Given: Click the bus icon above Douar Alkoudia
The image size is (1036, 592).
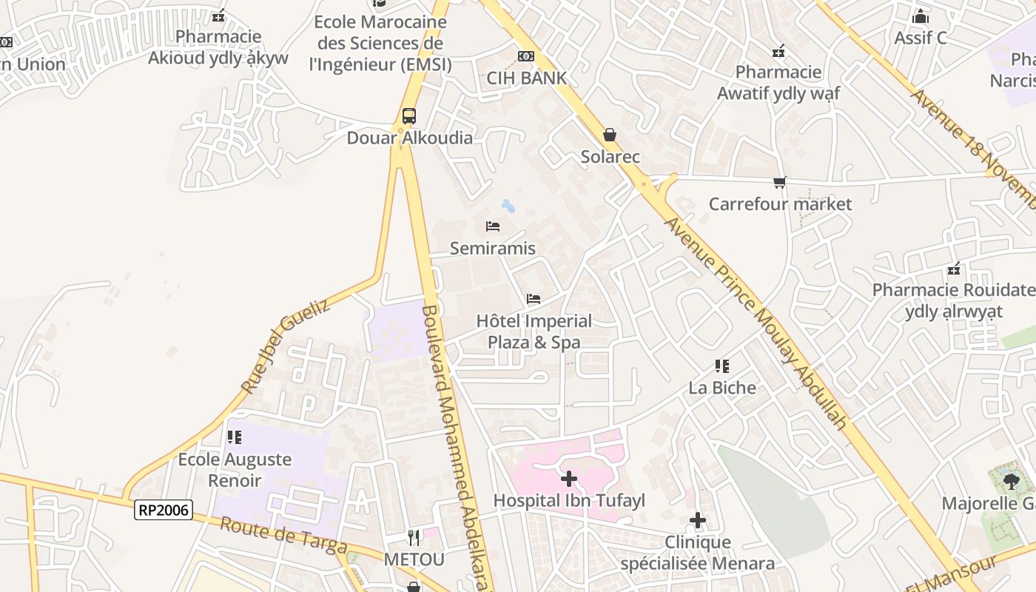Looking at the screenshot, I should [x=408, y=116].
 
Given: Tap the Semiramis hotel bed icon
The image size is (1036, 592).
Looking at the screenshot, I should [x=493, y=226].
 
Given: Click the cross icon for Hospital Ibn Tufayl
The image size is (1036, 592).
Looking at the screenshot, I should [x=568, y=479].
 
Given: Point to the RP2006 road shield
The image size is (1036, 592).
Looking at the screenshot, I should [x=164, y=509].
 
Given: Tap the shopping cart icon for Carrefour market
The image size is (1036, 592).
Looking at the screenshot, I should [x=779, y=182].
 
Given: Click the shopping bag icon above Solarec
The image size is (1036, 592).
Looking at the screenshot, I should [x=609, y=135].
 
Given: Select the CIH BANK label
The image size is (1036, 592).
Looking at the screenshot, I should [x=526, y=78].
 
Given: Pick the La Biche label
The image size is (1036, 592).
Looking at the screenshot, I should [x=722, y=388].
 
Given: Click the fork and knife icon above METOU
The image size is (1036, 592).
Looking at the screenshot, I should [x=414, y=537].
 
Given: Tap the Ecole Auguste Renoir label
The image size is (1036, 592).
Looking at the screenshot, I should [x=235, y=470].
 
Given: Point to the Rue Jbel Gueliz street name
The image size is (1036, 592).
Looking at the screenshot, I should [x=286, y=350].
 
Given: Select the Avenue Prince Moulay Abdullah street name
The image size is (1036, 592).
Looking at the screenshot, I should [x=755, y=322].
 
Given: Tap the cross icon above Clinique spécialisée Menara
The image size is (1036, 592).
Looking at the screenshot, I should [x=697, y=521].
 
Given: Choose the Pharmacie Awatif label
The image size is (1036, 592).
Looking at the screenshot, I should [x=778, y=82].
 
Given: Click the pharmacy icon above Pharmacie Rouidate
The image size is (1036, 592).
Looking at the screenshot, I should [x=954, y=268].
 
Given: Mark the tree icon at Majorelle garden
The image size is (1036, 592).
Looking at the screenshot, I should [x=1011, y=482].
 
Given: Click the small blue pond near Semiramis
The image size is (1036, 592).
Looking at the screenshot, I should [x=508, y=206].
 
